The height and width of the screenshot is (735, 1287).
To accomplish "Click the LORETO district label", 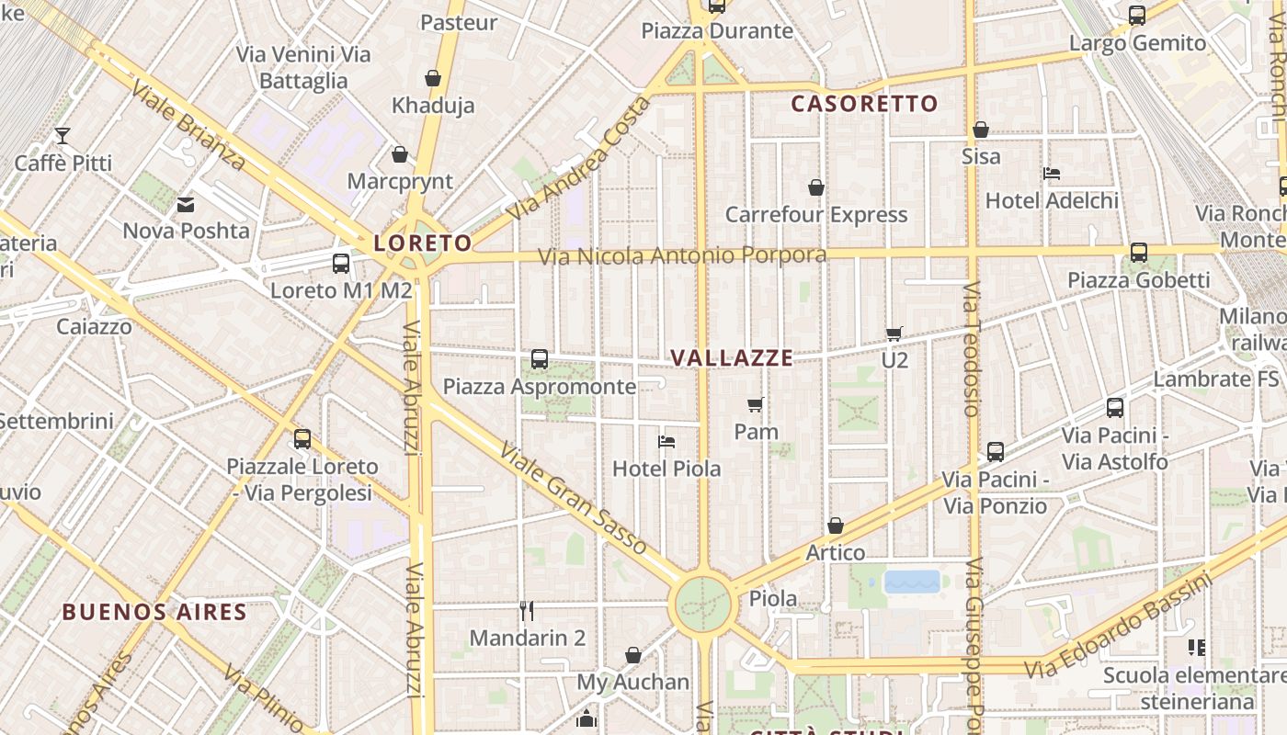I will (x=423, y=243).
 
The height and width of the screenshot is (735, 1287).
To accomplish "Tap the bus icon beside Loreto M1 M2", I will (x=341, y=264).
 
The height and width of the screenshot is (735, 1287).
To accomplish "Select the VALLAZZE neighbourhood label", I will (x=732, y=358).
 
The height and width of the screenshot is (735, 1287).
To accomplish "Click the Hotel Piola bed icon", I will (x=667, y=442).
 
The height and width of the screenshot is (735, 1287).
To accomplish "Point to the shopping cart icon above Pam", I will (x=756, y=404).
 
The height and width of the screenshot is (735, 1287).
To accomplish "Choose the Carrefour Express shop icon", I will (x=815, y=187).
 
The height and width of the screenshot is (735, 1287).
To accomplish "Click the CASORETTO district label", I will (x=864, y=104).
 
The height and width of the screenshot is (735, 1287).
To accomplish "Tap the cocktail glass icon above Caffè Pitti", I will (x=63, y=136).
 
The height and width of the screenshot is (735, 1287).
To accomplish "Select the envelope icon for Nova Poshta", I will (x=187, y=204).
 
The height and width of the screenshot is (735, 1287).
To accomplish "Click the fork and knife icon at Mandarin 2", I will (x=527, y=610).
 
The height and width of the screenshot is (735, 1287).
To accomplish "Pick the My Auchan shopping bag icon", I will (x=633, y=655).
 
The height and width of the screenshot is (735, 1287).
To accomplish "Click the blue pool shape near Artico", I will (x=912, y=582).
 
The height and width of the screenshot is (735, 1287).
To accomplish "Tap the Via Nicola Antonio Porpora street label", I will (x=682, y=255).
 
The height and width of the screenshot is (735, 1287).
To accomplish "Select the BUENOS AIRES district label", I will (x=154, y=612).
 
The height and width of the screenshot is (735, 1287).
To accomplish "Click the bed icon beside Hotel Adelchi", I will (x=1053, y=174).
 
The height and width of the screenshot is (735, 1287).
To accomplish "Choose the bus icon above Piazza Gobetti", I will (x=1139, y=253).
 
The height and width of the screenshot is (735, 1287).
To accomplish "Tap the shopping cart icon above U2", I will (x=894, y=334).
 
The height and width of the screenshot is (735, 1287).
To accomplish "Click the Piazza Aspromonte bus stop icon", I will (x=540, y=359).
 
